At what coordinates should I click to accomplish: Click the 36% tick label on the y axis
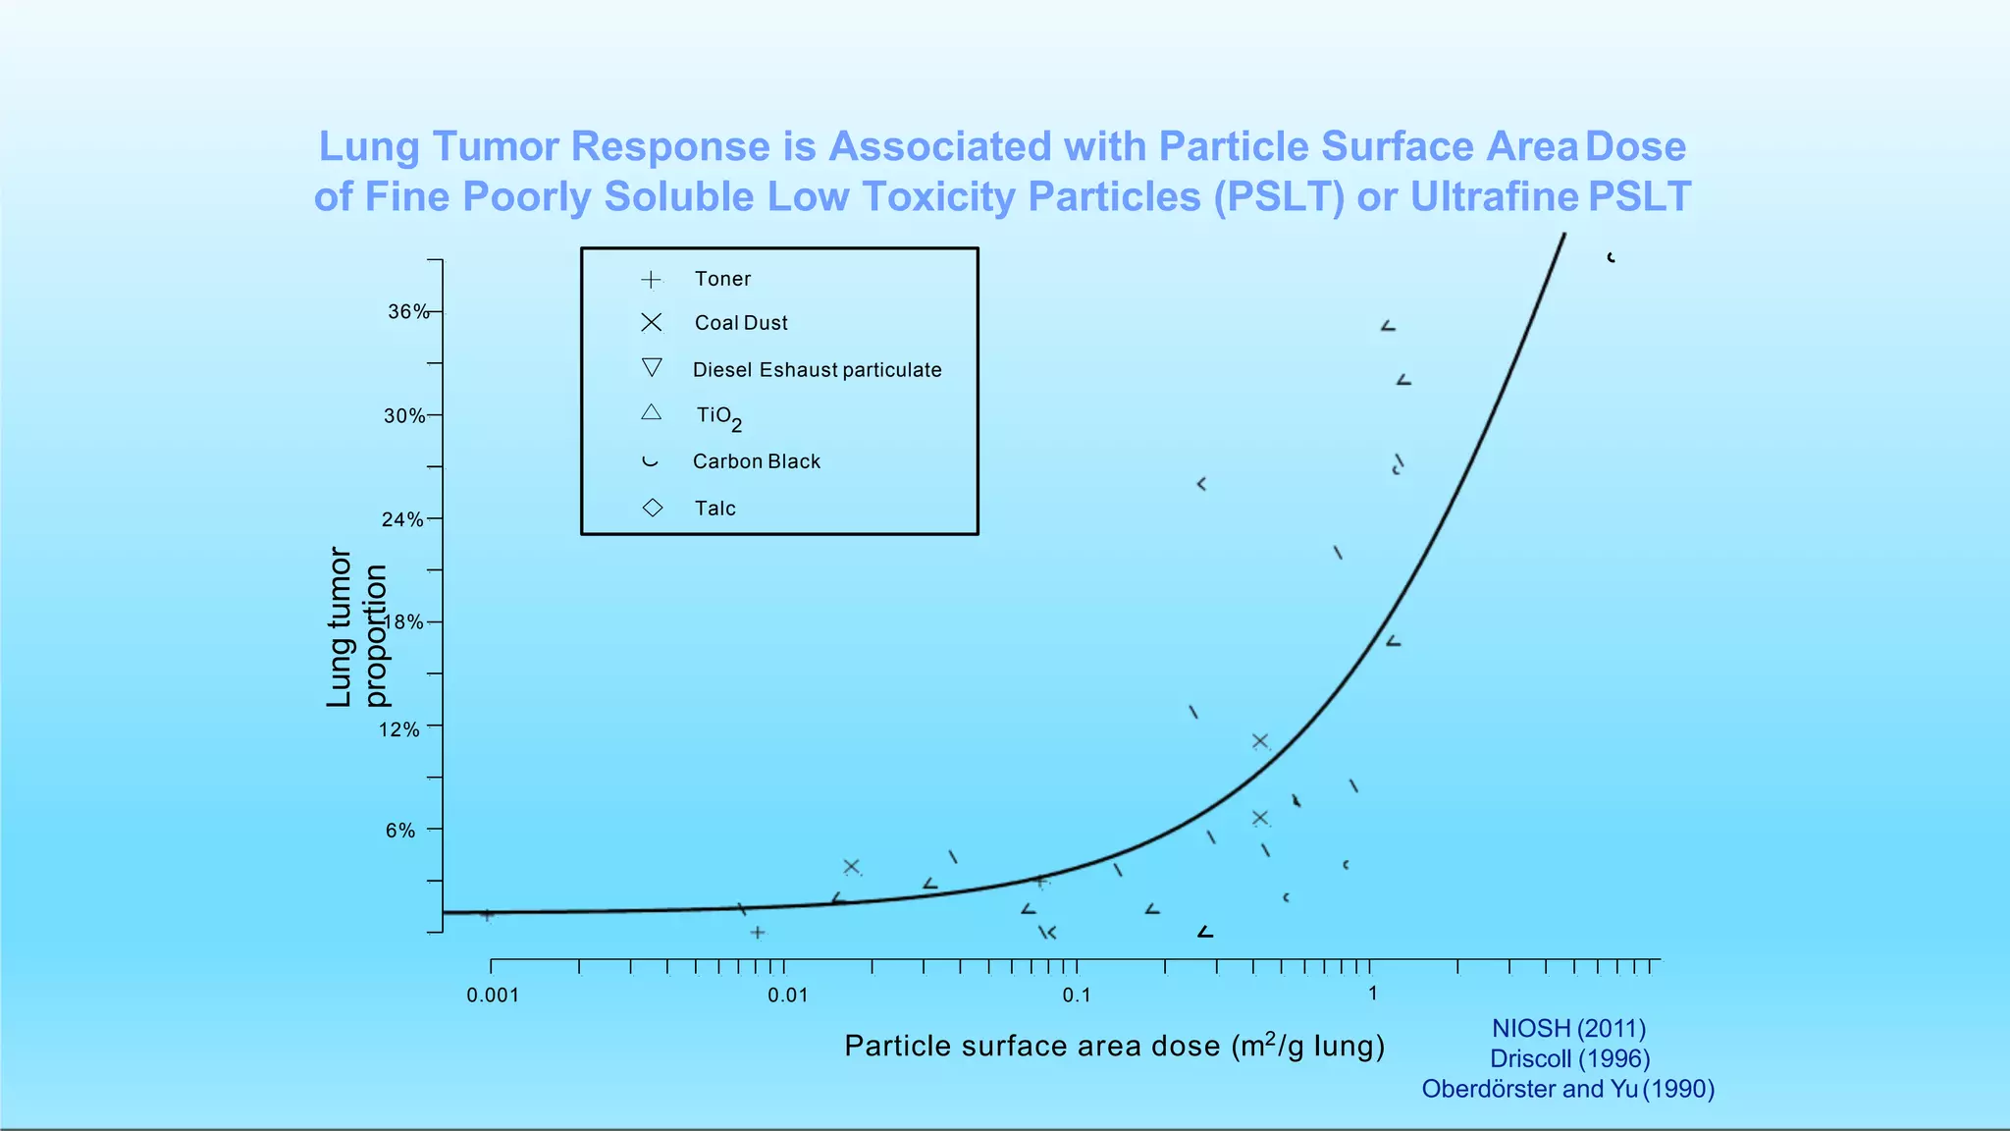[407, 312]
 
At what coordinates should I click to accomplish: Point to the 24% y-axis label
[402, 519]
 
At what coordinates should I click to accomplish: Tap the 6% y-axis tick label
[400, 831]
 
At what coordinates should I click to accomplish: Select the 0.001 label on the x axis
[493, 996]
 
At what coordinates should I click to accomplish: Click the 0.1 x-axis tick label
[1077, 996]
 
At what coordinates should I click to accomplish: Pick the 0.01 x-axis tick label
[787, 996]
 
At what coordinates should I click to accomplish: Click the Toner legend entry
[722, 279]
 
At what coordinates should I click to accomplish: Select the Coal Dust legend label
[741, 323]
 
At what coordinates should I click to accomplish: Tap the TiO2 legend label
[718, 417]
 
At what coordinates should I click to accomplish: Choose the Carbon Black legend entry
[756, 461]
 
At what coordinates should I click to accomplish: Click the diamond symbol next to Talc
[653, 508]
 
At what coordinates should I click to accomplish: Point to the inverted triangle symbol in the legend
[652, 367]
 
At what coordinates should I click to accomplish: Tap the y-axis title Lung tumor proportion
[356, 628]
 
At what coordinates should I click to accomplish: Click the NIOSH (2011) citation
[1568, 1028]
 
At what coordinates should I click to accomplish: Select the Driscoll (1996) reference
[1569, 1058]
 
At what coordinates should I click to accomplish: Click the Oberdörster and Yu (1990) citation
[1567, 1089]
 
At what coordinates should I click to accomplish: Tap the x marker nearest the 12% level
[1260, 741]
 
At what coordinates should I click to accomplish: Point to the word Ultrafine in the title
[1494, 196]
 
